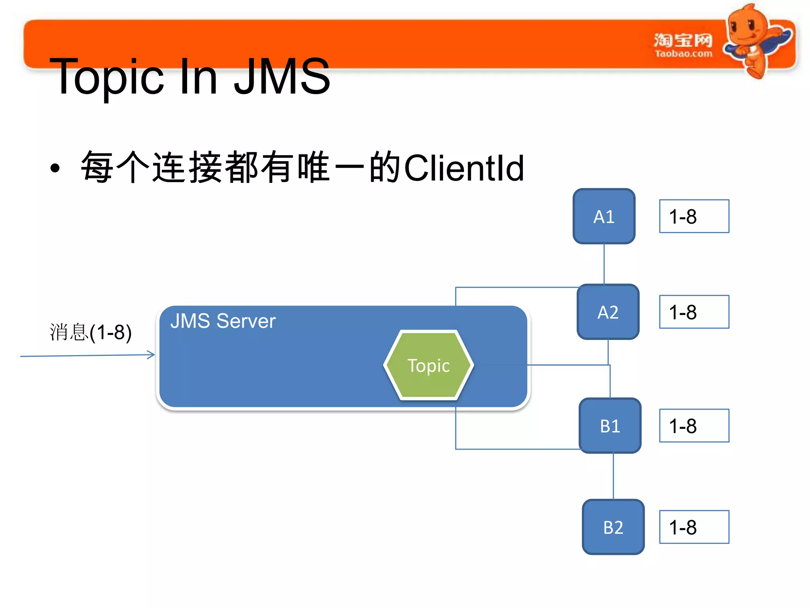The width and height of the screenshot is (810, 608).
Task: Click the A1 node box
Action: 604,216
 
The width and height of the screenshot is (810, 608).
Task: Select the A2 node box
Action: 608,312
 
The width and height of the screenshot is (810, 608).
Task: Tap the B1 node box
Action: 610,426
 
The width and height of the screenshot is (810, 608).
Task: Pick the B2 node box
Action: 613,527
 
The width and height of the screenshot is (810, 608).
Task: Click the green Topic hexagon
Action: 429,365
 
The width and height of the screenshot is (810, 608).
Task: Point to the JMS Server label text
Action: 223,321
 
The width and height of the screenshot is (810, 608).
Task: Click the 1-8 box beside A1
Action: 694,216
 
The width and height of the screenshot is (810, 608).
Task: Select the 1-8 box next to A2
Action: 694,312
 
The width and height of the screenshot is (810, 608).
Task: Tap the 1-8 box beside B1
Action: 694,426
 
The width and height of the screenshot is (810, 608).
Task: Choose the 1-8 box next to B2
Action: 694,527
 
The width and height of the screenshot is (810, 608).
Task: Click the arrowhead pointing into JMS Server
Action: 151,355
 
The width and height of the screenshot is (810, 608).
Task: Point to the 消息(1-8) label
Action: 91,332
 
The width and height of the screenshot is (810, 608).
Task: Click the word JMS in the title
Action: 282,76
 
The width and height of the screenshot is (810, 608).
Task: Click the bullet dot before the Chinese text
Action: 55,168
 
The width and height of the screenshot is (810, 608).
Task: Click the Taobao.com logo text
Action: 683,53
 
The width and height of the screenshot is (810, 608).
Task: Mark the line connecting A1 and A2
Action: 604,264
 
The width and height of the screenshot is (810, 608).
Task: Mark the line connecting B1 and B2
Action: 613,476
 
